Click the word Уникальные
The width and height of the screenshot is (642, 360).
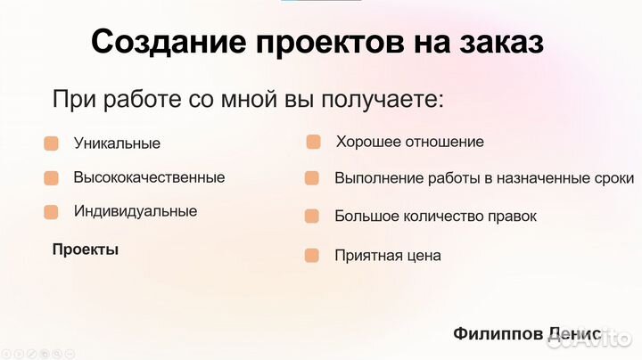[117, 143]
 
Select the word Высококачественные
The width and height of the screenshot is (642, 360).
[149, 177]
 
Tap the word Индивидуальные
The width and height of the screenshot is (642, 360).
[136, 212]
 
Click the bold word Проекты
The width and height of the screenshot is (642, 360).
[86, 250]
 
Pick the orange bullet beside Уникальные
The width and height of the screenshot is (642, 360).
[52, 143]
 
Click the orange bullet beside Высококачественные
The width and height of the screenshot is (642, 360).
[52, 178]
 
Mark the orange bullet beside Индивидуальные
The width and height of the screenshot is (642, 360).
[52, 212]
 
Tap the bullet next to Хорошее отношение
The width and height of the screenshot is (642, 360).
[313, 142]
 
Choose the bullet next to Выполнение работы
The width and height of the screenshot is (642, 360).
[312, 178]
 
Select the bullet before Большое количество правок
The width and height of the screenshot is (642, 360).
[312, 216]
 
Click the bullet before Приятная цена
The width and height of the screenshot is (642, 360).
[312, 256]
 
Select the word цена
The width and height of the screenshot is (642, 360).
[423, 256]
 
